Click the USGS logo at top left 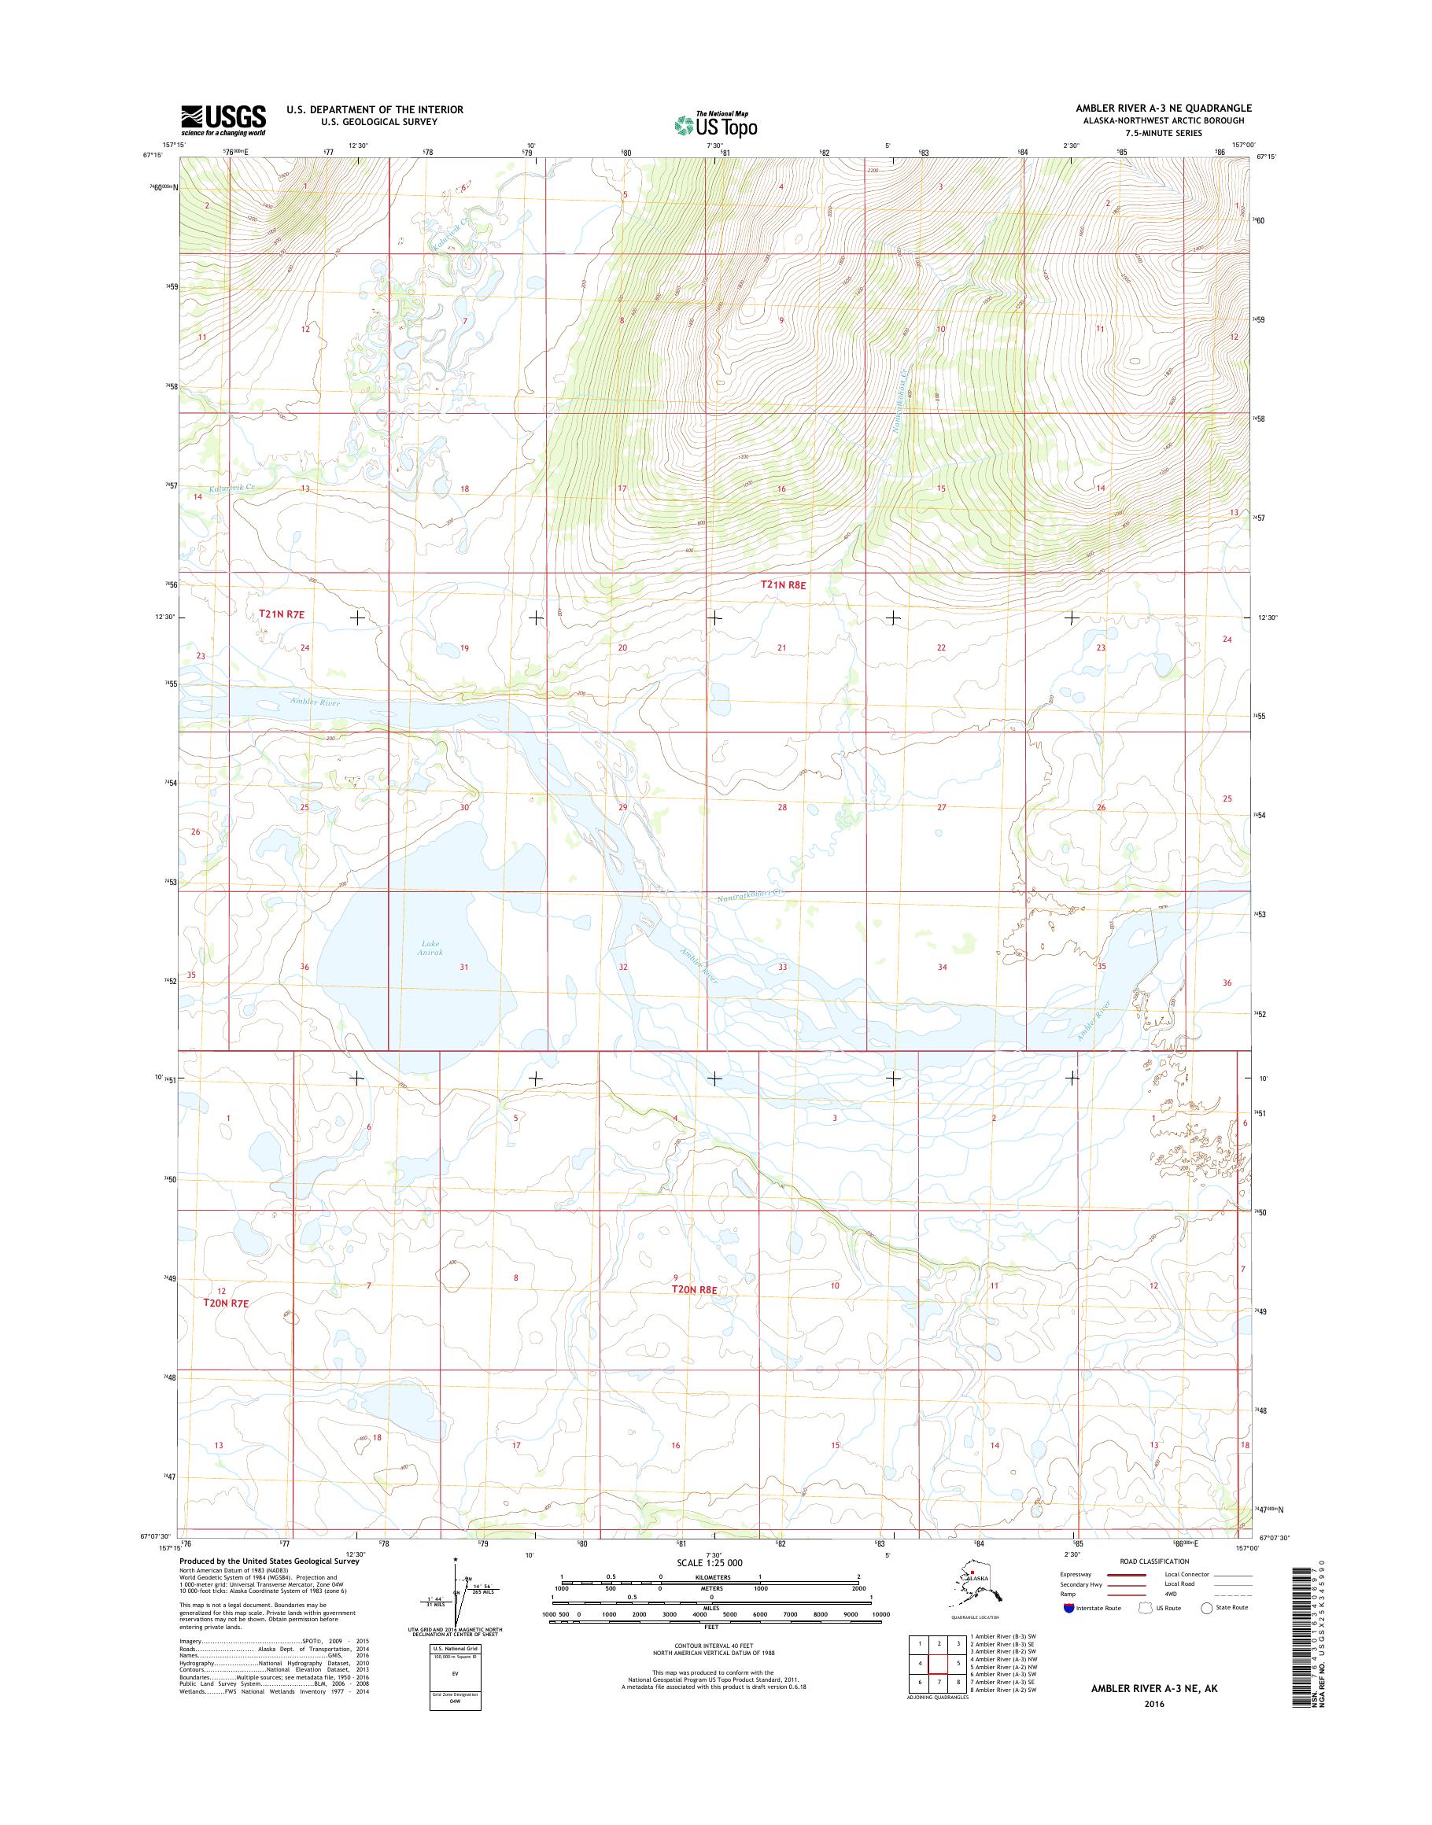point(223,120)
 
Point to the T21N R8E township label point(782,585)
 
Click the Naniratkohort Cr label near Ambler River point(749,896)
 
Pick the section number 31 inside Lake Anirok point(463,967)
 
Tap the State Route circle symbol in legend point(1206,1608)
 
